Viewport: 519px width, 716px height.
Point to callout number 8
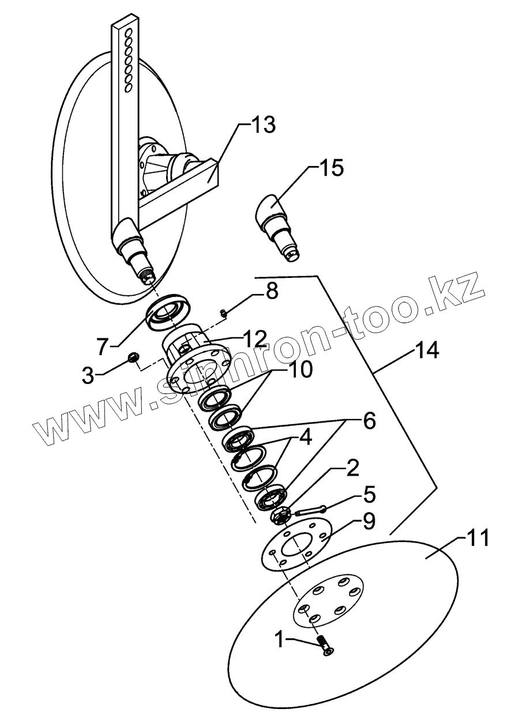tap(270, 291)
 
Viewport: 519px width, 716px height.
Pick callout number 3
tap(87, 376)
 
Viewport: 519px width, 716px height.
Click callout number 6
tap(368, 421)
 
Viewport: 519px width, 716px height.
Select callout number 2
tap(352, 466)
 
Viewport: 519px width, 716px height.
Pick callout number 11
tap(476, 538)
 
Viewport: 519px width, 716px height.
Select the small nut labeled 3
tap(134, 358)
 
